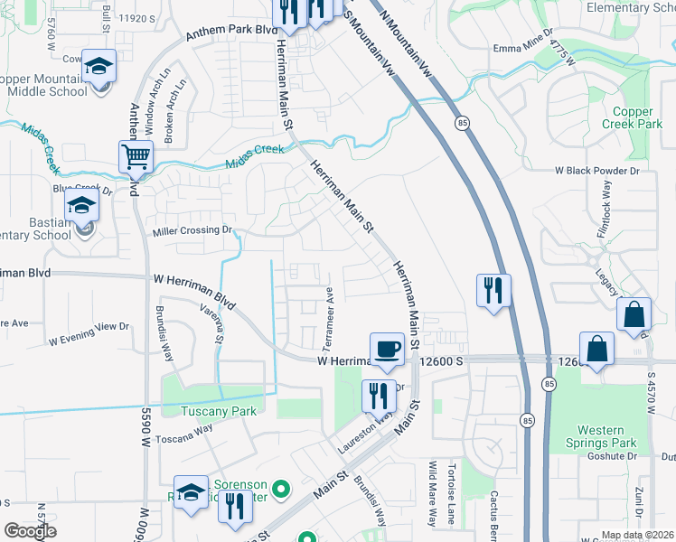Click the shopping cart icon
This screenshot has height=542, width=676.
(136, 156)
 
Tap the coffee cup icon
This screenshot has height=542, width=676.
(388, 348)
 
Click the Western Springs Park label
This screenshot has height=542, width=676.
(603, 437)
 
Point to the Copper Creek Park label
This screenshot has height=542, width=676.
(632, 117)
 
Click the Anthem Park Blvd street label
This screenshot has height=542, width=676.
(230, 33)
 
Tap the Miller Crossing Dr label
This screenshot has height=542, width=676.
(193, 230)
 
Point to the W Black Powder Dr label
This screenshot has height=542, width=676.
(596, 170)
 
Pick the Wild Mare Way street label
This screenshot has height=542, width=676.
(433, 492)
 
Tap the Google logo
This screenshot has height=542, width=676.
(30, 530)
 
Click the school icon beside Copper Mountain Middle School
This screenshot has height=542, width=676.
(99, 66)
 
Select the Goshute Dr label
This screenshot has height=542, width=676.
(649, 457)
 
